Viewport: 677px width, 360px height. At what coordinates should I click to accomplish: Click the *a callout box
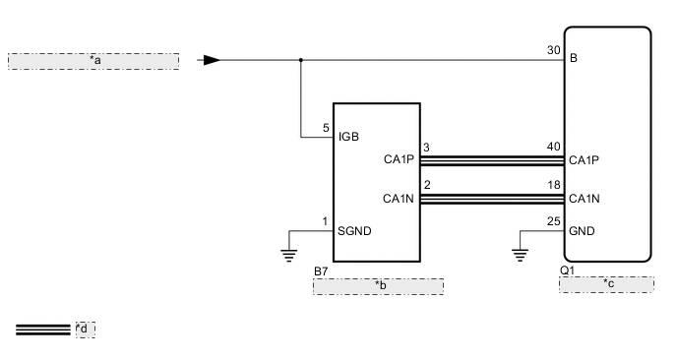pyautogui.click(x=93, y=61)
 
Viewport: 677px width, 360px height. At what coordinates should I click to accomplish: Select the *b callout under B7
pyautogui.click(x=378, y=286)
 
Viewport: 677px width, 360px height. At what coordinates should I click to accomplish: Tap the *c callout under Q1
pyautogui.click(x=606, y=284)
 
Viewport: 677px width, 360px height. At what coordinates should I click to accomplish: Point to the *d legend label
pyautogui.click(x=85, y=329)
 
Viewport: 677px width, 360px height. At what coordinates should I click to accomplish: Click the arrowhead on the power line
pyautogui.click(x=210, y=60)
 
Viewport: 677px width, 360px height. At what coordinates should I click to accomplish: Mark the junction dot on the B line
pyautogui.click(x=300, y=60)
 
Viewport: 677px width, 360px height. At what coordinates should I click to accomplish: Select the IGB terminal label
pyautogui.click(x=350, y=136)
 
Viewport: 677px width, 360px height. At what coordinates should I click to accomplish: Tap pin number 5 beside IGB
pyautogui.click(x=326, y=128)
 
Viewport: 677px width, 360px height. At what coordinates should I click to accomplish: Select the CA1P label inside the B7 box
pyautogui.click(x=400, y=157)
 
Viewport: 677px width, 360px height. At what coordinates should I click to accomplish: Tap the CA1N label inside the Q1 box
pyautogui.click(x=585, y=199)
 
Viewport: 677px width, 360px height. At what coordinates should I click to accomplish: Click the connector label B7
pyautogui.click(x=321, y=270)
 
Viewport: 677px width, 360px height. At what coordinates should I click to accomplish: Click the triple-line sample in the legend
pyautogui.click(x=43, y=329)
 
